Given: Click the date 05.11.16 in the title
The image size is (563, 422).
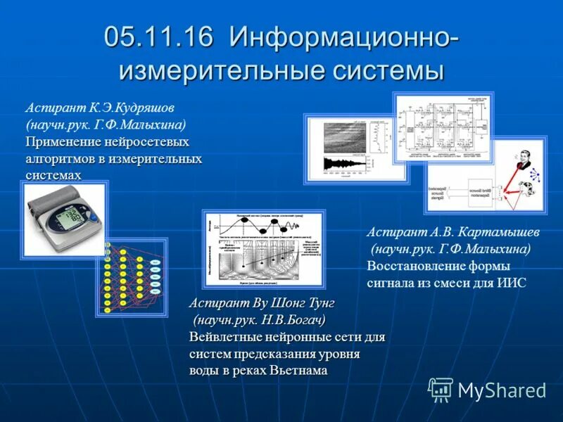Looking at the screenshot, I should pos(158,37).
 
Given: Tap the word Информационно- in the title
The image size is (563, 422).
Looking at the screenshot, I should pos(344,37).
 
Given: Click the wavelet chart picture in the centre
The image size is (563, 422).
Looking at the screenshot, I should pos(264,249).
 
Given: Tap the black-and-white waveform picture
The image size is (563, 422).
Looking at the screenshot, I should pos(356,148).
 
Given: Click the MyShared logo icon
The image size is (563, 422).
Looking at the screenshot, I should pos(441,389).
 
